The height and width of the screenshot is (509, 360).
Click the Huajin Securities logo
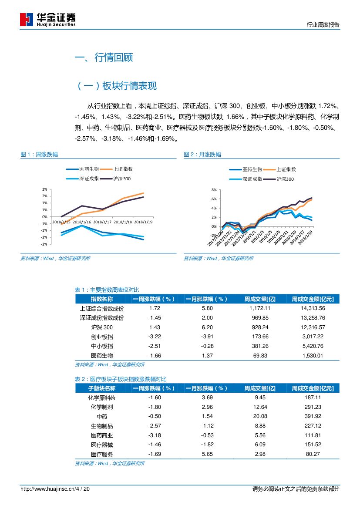coord(48,19)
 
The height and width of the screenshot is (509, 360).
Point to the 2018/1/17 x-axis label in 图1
coord(102,222)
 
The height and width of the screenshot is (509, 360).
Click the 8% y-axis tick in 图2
coord(214,190)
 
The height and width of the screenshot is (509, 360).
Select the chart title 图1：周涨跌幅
coord(39,155)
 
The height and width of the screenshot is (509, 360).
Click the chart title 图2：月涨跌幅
coord(202,155)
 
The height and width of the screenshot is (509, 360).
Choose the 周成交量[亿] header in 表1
coord(260,299)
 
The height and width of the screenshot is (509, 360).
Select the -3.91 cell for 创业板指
coord(207,337)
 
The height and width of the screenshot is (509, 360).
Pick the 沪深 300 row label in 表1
coord(102,327)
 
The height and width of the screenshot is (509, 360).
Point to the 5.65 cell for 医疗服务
coord(207,454)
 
